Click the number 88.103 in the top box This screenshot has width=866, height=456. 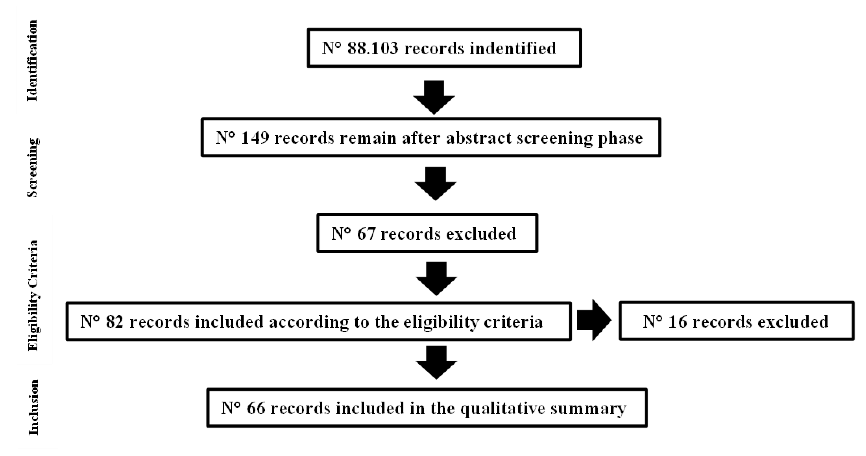click(x=372, y=48)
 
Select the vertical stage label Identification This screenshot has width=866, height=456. click(x=33, y=60)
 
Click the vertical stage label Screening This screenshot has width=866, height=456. click(x=33, y=168)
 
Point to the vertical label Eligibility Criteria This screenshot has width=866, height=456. click(x=33, y=295)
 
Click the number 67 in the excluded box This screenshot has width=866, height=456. click(x=366, y=233)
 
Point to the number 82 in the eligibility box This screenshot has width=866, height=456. click(x=115, y=322)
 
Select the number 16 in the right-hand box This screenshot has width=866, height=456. click(x=677, y=322)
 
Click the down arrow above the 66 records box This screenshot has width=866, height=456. click(x=436, y=363)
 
